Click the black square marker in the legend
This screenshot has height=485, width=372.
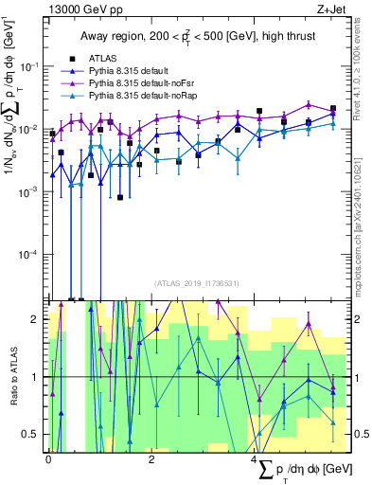pos(70,58)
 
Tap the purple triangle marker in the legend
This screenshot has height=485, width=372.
pos(70,83)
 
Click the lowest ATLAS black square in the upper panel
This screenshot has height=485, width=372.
pos(121,197)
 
